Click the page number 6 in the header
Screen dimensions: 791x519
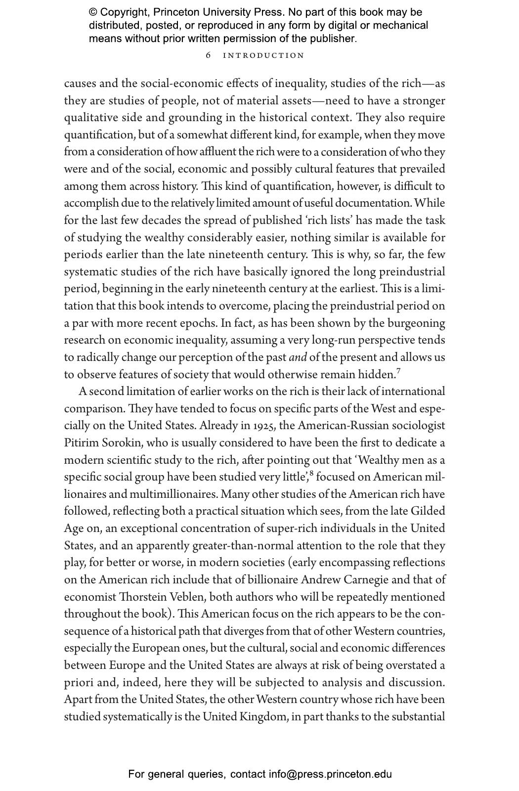coord(208,55)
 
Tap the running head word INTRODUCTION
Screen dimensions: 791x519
coord(263,55)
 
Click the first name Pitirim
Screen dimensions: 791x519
coord(82,443)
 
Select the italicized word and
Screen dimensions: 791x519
coord(298,357)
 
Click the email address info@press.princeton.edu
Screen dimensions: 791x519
coord(330,774)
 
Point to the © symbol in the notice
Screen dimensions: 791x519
coord(93,12)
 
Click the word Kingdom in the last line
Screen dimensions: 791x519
coord(263,717)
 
